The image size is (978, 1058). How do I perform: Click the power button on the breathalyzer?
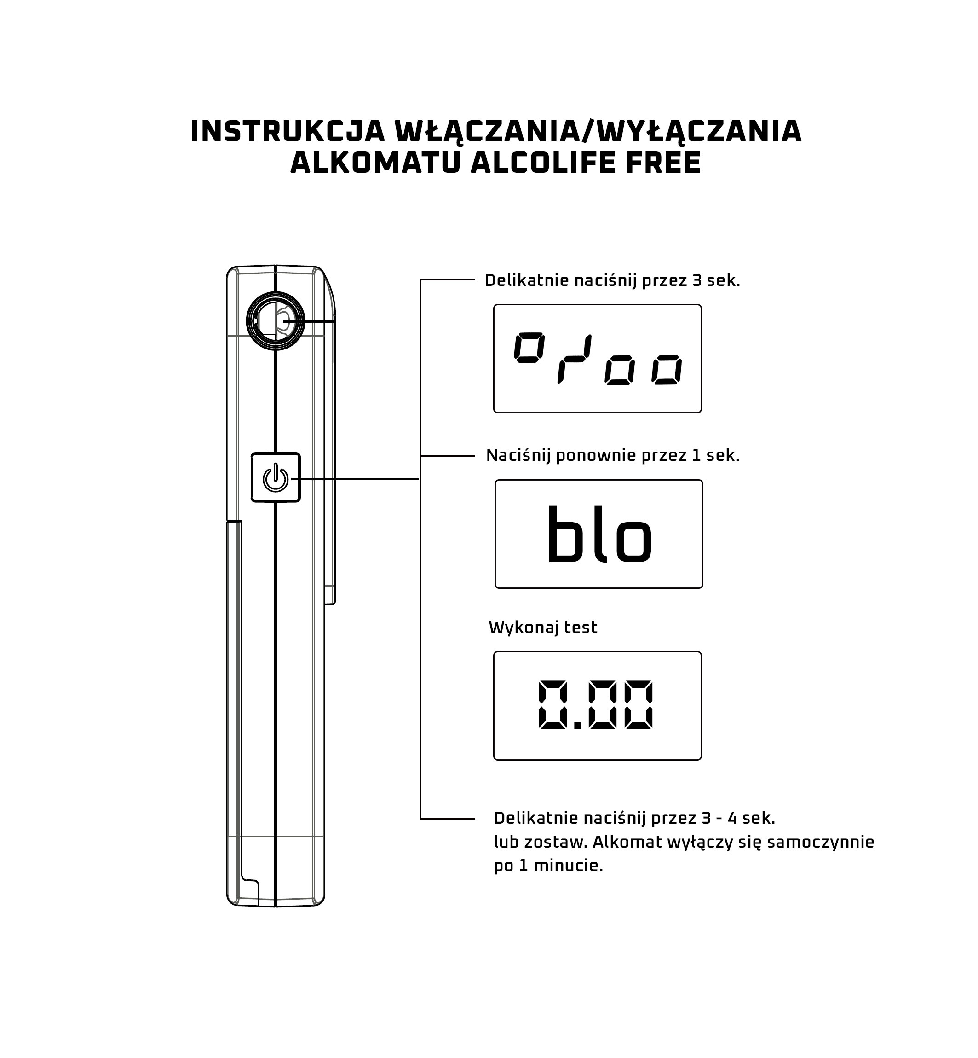pyautogui.click(x=276, y=477)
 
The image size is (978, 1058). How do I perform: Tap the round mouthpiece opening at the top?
pyautogui.click(x=275, y=321)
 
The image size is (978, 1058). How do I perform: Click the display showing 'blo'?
pyautogui.click(x=598, y=534)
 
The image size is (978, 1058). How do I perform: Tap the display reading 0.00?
pyautogui.click(x=598, y=706)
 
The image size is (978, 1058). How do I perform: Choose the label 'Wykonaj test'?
pyautogui.click(x=543, y=628)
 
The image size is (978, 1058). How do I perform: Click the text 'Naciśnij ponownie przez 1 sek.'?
pyautogui.click(x=613, y=455)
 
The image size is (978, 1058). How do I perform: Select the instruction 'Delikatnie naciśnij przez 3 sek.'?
pyautogui.click(x=612, y=281)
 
